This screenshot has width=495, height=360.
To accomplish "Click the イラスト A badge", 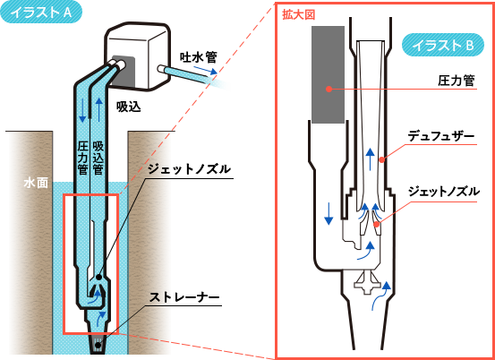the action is [41, 12].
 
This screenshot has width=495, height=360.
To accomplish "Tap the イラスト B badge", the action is [442, 45].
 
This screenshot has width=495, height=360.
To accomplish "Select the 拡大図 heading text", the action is [299, 16].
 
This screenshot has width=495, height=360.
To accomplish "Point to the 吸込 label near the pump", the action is [128, 107].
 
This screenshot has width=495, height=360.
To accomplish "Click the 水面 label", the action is [36, 184].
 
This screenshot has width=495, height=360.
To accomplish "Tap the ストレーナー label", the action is [184, 297].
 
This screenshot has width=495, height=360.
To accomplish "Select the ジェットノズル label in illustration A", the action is [189, 170].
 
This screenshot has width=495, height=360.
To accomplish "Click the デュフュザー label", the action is [441, 137].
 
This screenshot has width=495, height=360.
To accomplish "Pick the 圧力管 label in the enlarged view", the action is [457, 81].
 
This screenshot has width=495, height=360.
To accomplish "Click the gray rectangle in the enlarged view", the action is [328, 74].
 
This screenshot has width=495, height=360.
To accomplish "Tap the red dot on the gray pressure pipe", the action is [329, 89].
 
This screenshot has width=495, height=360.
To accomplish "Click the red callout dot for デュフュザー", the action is [381, 159].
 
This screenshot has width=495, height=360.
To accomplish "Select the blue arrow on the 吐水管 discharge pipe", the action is [206, 70].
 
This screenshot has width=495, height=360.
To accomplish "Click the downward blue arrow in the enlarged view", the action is [329, 214].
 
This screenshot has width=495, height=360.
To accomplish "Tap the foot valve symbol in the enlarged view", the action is [366, 282].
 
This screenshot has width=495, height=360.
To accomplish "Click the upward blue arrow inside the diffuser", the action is [371, 159].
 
